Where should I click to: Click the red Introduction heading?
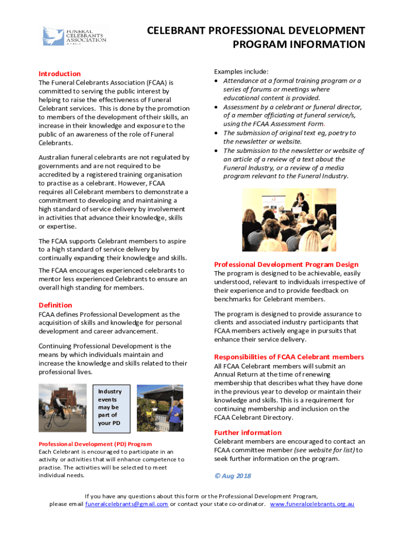(60, 74)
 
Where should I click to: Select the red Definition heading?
(56, 305)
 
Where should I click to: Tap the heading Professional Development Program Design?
(286, 264)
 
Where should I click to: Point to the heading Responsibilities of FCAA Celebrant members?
(289, 357)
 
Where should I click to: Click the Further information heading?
(248, 432)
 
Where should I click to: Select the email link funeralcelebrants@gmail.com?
(126, 504)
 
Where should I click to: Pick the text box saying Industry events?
(110, 407)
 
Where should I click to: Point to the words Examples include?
(241, 71)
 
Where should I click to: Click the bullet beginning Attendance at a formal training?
(292, 81)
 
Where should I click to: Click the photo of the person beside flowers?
(160, 408)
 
